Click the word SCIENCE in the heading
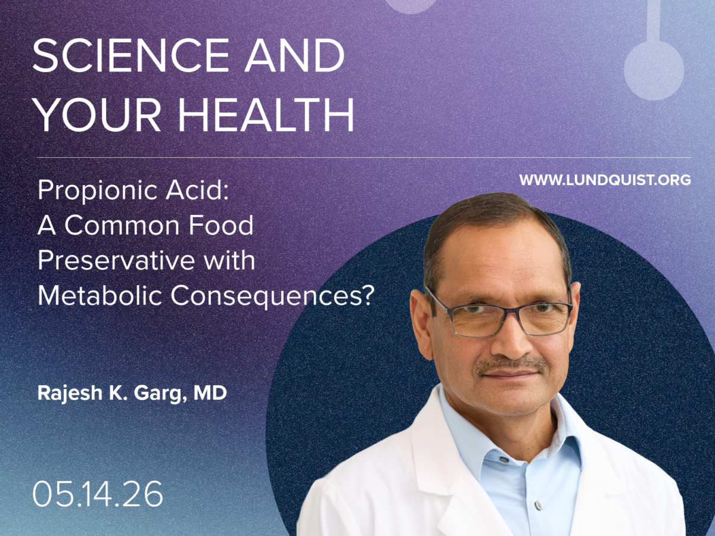pyautogui.click(x=131, y=55)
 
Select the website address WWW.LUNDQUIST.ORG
pyautogui.click(x=605, y=180)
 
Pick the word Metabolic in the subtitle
pyautogui.click(x=100, y=296)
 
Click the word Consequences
pyautogui.click(x=272, y=297)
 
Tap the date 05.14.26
pyautogui.click(x=97, y=494)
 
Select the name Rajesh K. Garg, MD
pyautogui.click(x=132, y=394)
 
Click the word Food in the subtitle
pyautogui.click(x=220, y=226)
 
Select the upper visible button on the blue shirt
pyautogui.click(x=503, y=460)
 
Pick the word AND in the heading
pyautogui.click(x=294, y=55)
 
